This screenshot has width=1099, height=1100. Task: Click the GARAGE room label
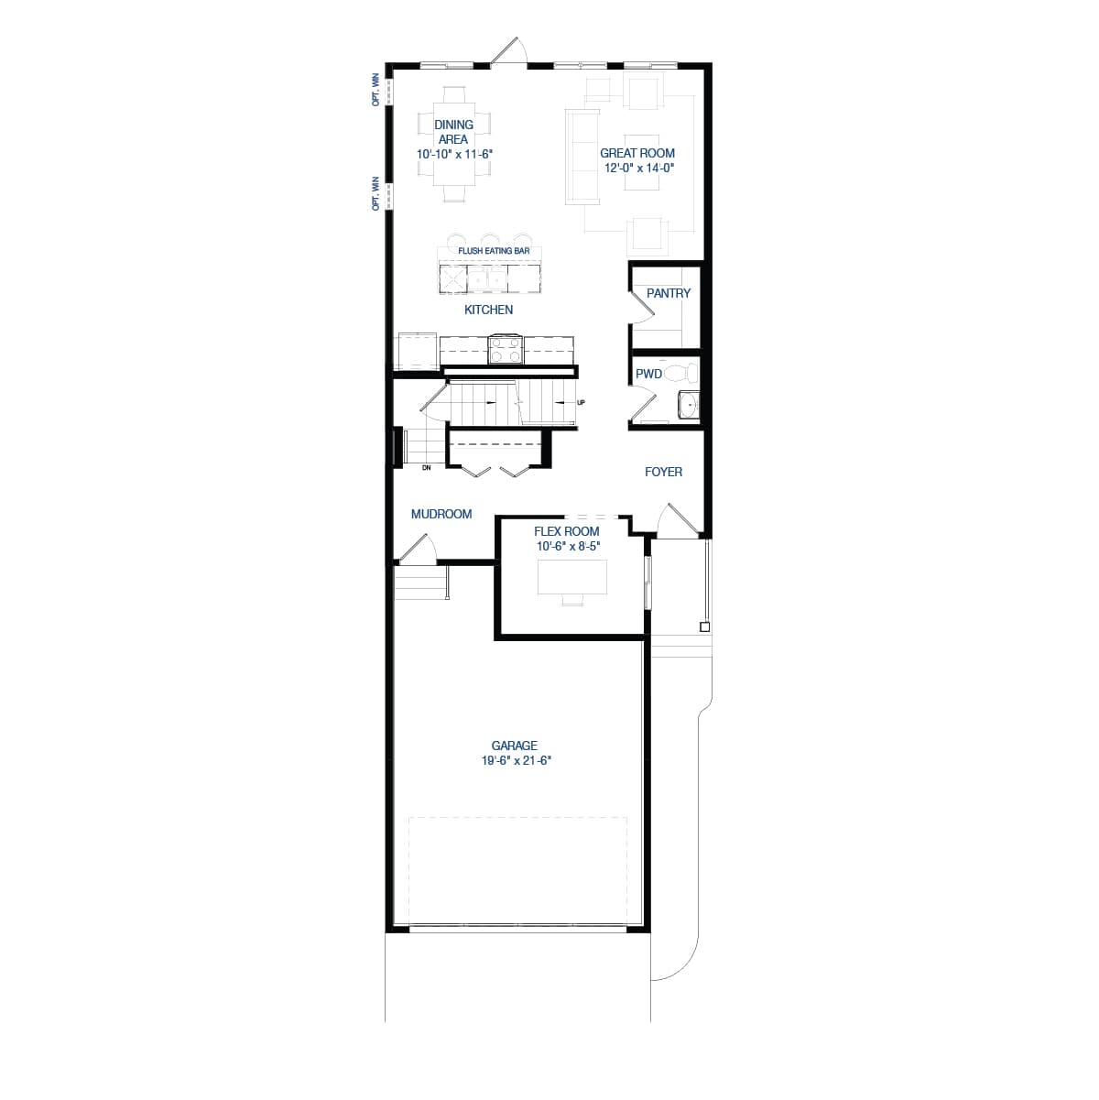coord(514,746)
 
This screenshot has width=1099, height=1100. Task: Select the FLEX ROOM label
coord(567,531)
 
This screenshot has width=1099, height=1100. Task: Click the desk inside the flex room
coord(572,576)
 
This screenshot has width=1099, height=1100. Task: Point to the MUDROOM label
coord(441,514)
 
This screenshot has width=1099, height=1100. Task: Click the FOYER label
coord(663,472)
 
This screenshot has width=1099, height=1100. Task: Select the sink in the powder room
coord(688,404)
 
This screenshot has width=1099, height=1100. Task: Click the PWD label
coord(648,374)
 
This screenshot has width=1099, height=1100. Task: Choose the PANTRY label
coord(669,293)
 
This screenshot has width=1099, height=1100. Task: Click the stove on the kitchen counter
coord(505,349)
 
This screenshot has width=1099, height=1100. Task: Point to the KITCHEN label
coord(488,310)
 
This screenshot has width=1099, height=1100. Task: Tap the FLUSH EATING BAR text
coord(494,250)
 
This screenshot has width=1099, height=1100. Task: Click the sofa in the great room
coord(582,157)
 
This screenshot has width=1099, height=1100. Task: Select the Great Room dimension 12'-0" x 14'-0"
coord(638,169)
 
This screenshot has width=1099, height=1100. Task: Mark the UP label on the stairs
coord(581,403)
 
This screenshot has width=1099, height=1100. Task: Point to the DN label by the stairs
coord(426,468)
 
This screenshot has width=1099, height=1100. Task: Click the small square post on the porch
coord(703,626)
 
